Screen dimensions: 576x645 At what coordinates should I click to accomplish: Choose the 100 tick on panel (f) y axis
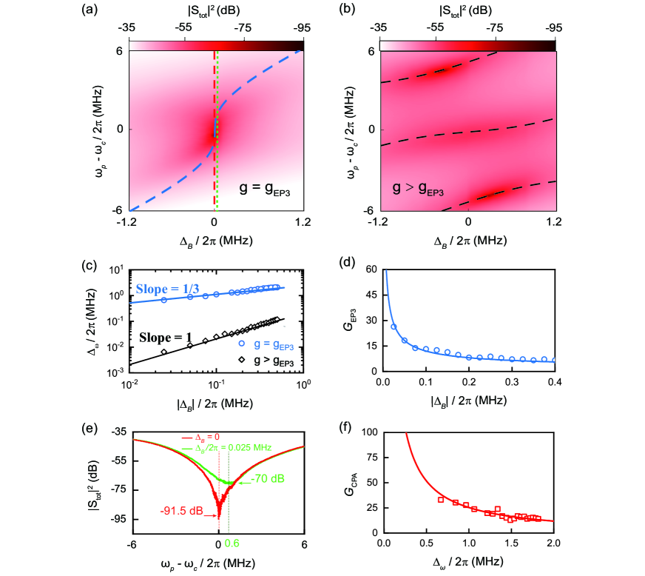click(370, 432)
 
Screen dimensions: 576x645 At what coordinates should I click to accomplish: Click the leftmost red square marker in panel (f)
click(441, 500)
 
